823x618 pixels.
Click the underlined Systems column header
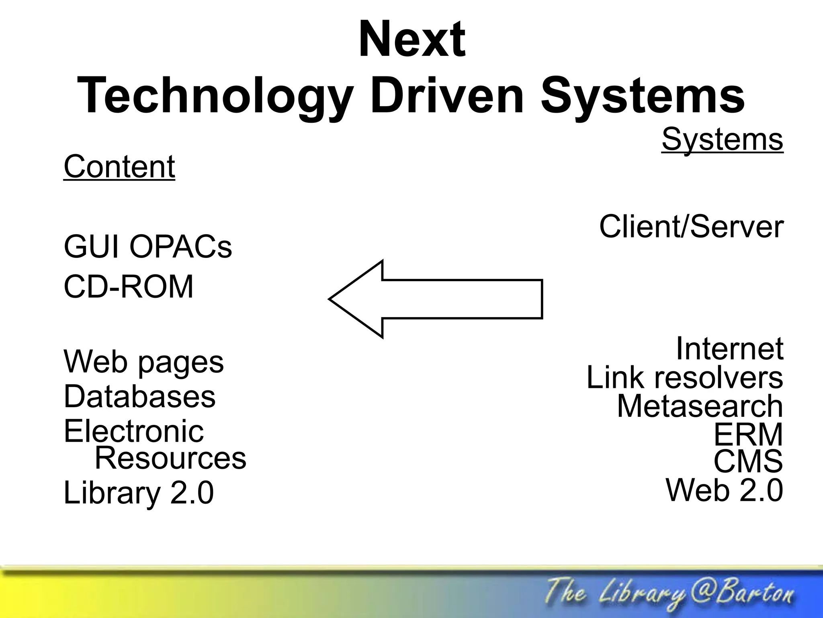722,140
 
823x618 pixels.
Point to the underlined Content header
119,167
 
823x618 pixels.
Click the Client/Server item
691,227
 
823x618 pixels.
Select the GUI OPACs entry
148,247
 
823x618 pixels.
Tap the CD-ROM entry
129,287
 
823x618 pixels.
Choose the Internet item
729,348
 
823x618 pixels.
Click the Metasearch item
700,406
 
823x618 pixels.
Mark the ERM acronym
748,434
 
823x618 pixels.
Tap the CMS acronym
748,461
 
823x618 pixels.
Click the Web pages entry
143,362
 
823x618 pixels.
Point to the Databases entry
139,397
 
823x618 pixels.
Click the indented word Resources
170,458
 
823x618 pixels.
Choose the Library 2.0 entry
139,493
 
